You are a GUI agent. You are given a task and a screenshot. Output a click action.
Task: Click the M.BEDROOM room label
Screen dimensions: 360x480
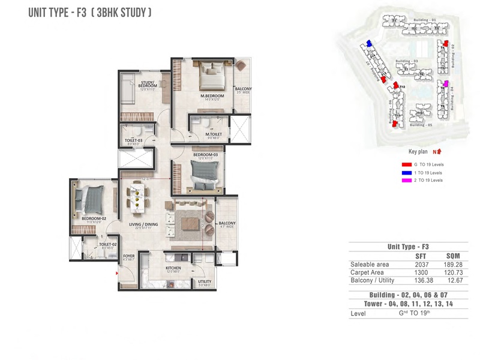212,96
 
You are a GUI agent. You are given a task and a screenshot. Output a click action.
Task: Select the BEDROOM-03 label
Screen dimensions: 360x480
205,155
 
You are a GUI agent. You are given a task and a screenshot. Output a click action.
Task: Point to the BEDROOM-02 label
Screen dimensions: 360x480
94,219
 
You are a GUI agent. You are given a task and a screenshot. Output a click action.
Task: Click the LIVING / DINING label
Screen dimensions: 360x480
143,225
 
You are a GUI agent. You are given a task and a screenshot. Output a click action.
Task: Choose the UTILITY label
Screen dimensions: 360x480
204,281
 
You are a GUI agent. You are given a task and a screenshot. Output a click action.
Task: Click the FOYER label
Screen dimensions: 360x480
128,256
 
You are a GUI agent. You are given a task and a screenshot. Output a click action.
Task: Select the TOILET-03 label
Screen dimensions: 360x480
133,142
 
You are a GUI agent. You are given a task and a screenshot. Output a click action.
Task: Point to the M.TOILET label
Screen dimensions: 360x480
214,134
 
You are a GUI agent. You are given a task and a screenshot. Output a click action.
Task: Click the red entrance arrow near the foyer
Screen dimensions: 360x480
118,274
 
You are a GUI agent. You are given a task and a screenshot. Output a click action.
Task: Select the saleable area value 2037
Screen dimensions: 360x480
421,264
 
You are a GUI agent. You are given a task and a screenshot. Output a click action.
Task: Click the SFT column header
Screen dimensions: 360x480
421,256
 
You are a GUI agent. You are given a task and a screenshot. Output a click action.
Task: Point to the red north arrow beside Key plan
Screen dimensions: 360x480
437,152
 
